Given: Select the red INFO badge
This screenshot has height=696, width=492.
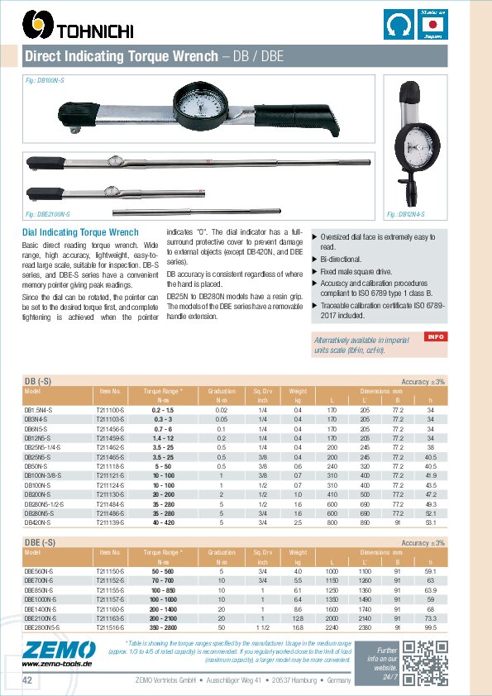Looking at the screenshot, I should [436, 336].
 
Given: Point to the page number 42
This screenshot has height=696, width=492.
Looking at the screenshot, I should [28, 679].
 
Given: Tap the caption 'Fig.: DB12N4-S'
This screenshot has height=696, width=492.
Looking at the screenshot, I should [406, 214].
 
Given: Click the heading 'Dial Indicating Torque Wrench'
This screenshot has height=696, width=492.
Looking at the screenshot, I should [79, 232].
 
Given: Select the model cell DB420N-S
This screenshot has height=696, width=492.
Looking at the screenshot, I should [39, 522].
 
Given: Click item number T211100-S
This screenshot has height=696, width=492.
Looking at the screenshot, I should [111, 410].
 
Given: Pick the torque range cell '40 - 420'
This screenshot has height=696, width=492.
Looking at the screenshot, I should [163, 522].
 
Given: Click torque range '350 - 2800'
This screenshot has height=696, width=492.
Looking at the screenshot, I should [163, 627].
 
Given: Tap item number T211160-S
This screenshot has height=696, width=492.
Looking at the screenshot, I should [111, 608].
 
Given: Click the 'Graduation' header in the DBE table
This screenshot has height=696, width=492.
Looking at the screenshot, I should [222, 551].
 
